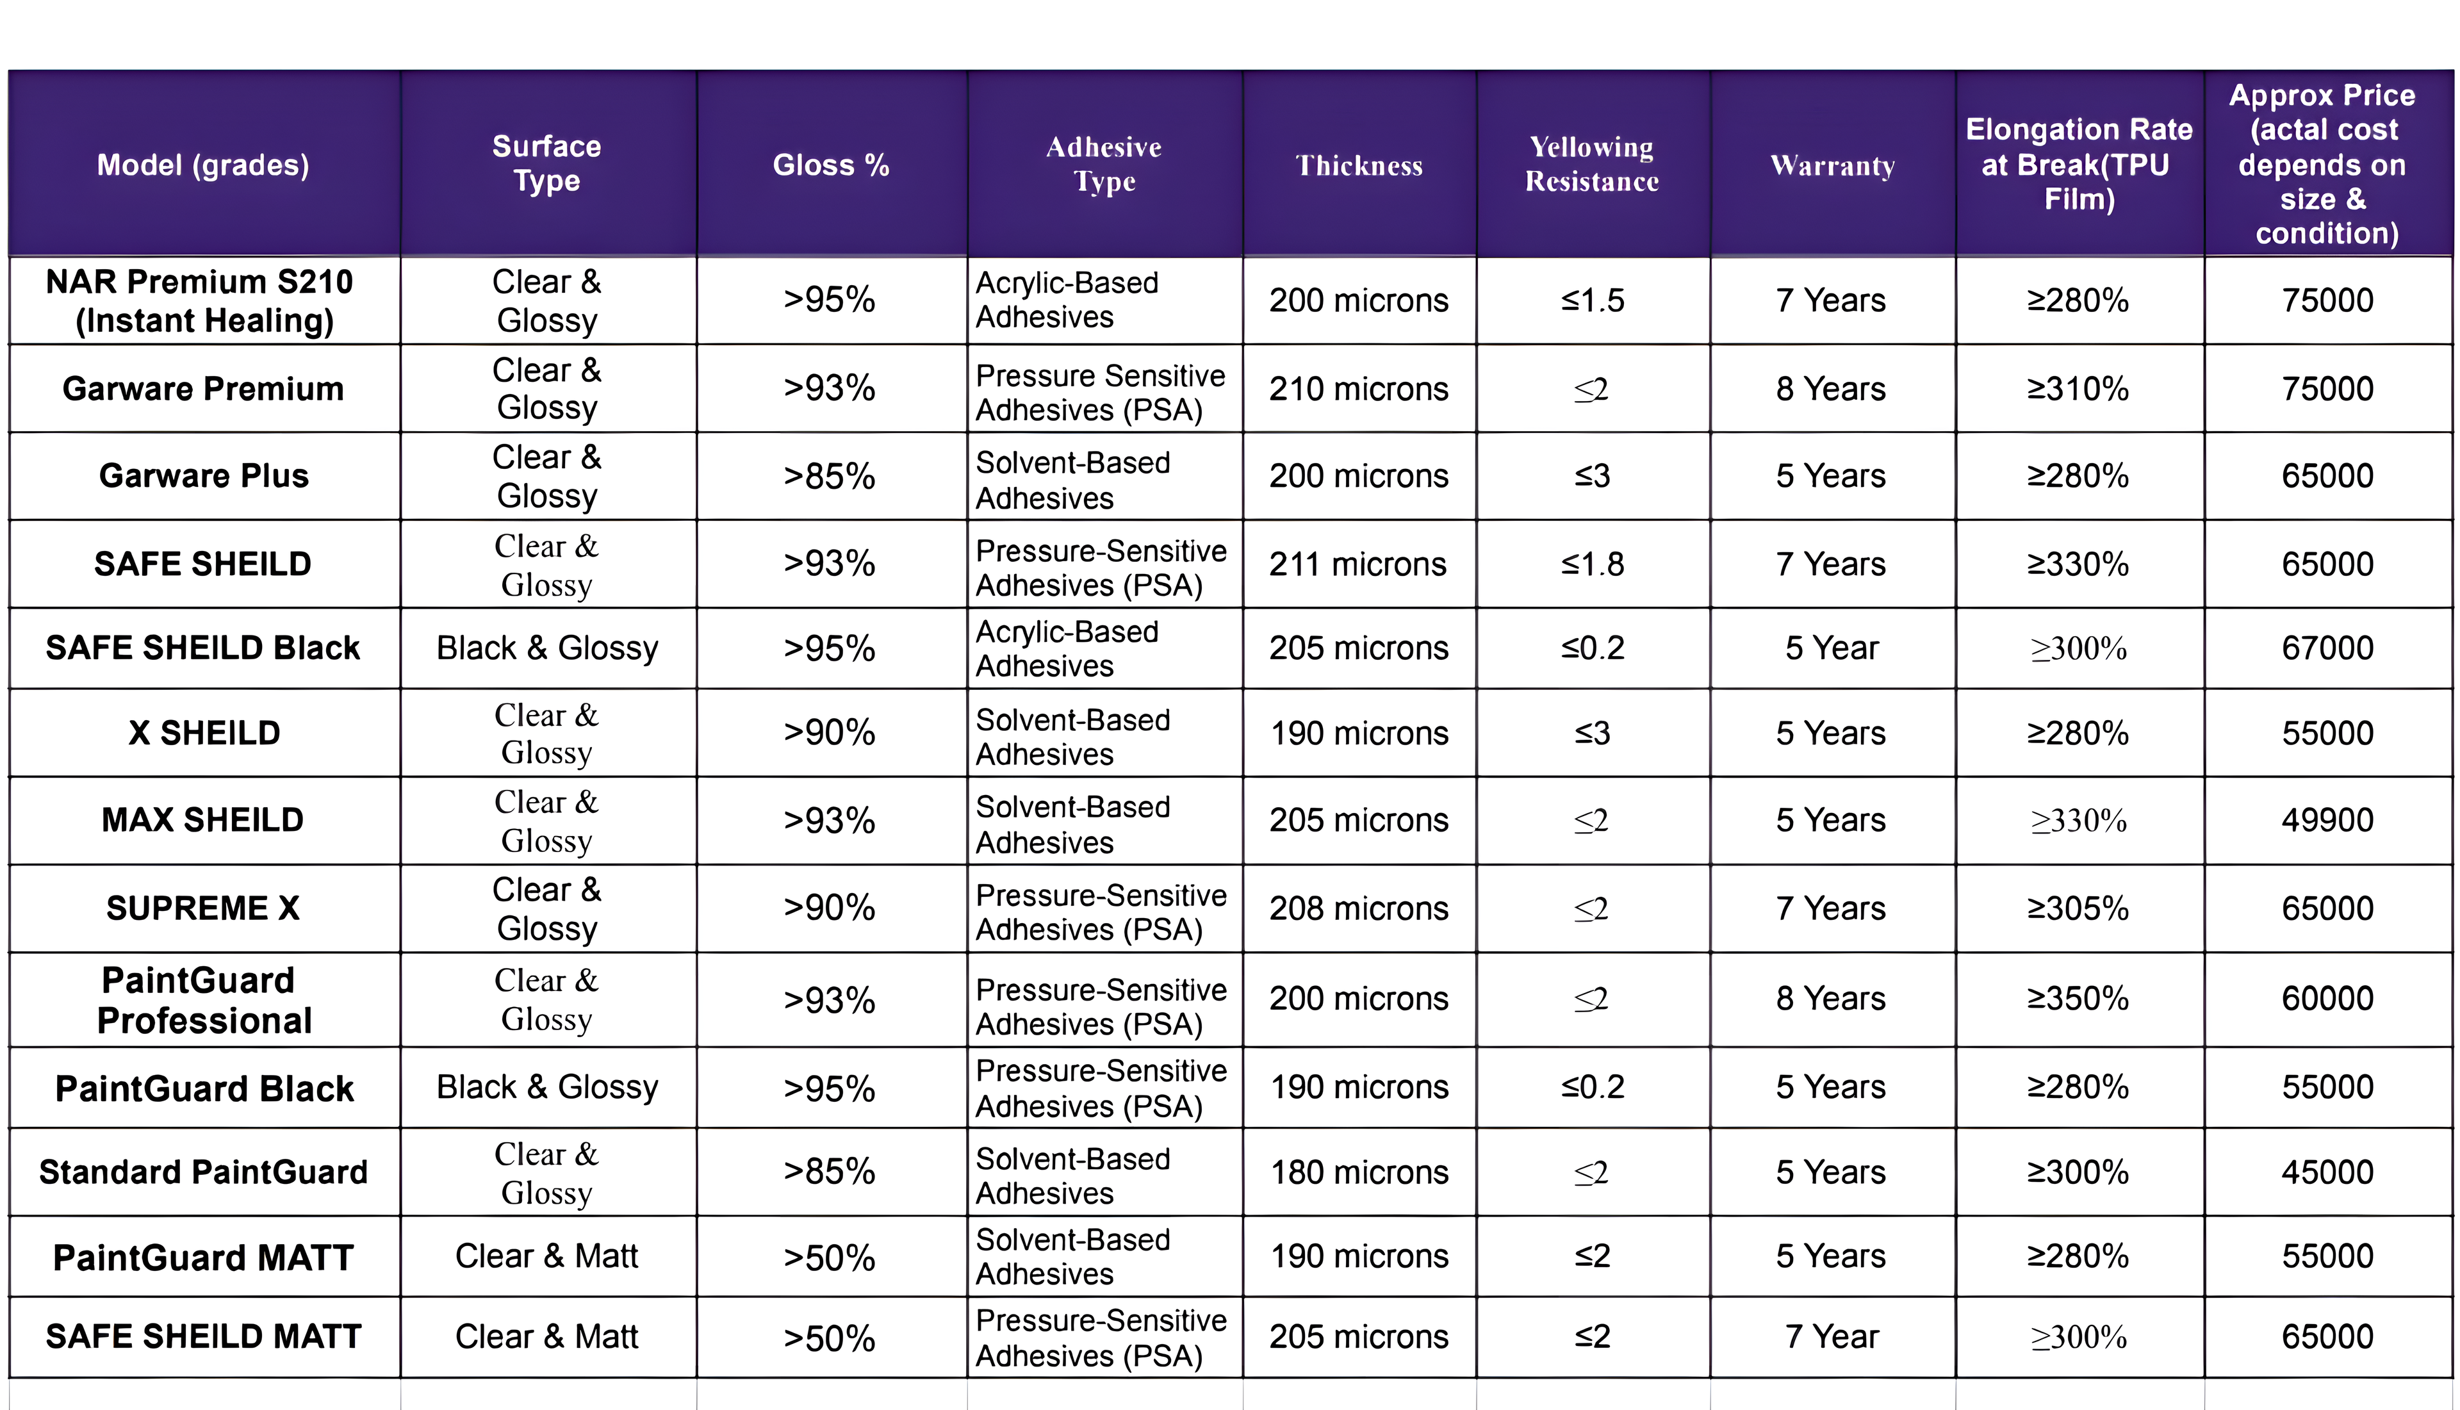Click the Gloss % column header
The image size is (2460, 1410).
pyautogui.click(x=831, y=165)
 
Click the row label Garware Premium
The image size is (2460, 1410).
pyautogui.click(x=203, y=388)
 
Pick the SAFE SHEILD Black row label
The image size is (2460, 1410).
pyautogui.click(x=203, y=647)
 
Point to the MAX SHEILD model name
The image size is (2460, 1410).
pyautogui.click(x=203, y=819)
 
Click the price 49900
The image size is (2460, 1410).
pyautogui.click(x=2327, y=819)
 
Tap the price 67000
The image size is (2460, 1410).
pyautogui.click(x=2327, y=647)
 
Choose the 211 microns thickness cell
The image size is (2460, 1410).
pyautogui.click(x=1357, y=564)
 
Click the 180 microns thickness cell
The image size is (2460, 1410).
pyautogui.click(x=1359, y=1172)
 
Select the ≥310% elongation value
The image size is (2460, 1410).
pyautogui.click(x=2079, y=388)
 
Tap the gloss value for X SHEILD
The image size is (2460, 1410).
pyautogui.click(x=830, y=732)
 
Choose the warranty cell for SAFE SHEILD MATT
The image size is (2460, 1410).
pyautogui.click(x=1832, y=1336)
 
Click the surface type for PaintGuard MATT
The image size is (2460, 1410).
pyautogui.click(x=547, y=1256)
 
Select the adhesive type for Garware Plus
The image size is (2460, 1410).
pyautogui.click(x=1072, y=479)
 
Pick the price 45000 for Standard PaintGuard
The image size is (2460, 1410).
pyautogui.click(x=2327, y=1172)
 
